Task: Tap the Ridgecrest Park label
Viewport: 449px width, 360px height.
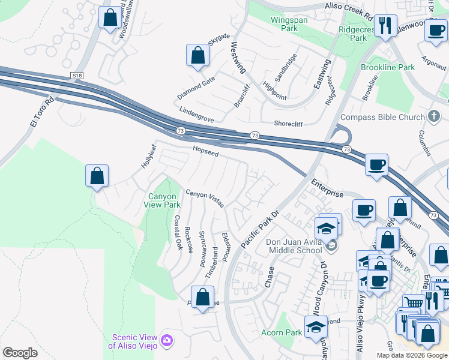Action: pyautogui.click(x=358, y=33)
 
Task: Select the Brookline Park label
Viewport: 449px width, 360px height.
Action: pyautogui.click(x=388, y=68)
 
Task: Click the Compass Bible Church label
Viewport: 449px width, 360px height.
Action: pyautogui.click(x=382, y=118)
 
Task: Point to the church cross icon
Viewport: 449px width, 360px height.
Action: pyautogui.click(x=435, y=116)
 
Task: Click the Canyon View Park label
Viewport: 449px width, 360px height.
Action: pyautogui.click(x=162, y=200)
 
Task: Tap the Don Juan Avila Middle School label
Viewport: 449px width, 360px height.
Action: pyautogui.click(x=295, y=247)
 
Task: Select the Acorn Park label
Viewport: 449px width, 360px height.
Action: pyautogui.click(x=282, y=332)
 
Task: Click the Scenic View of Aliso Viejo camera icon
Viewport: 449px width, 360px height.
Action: pyautogui.click(x=167, y=341)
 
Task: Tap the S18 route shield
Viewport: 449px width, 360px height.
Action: pyautogui.click(x=76, y=76)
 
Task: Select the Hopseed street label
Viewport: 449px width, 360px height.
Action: pyautogui.click(x=205, y=151)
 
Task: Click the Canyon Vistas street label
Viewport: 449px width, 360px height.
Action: pyautogui.click(x=205, y=199)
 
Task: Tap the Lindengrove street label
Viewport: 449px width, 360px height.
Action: pyautogui.click(x=196, y=115)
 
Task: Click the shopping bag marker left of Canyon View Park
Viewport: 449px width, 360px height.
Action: pyautogui.click(x=97, y=176)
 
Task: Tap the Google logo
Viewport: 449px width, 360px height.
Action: pyautogui.click(x=20, y=353)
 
